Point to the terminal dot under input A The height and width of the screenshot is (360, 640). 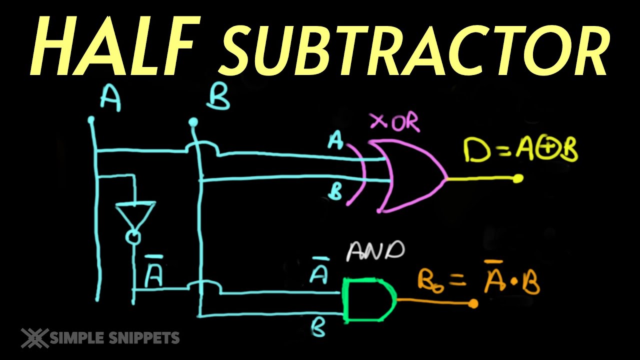pyautogui.click(x=91, y=119)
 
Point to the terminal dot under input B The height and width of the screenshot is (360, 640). pyautogui.click(x=193, y=122)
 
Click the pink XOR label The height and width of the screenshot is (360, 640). pyautogui.click(x=395, y=122)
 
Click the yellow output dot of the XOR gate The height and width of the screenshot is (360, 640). pyautogui.click(x=517, y=178)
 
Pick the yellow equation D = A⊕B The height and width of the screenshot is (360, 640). pyautogui.click(x=520, y=150)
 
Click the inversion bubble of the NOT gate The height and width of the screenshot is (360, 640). pyautogui.click(x=133, y=237)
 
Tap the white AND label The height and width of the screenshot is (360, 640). pyautogui.click(x=375, y=251)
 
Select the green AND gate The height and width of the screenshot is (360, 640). pyautogui.click(x=369, y=300)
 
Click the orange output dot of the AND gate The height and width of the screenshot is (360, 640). pyautogui.click(x=473, y=303)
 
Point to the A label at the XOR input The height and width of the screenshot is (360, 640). pyautogui.click(x=335, y=140)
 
